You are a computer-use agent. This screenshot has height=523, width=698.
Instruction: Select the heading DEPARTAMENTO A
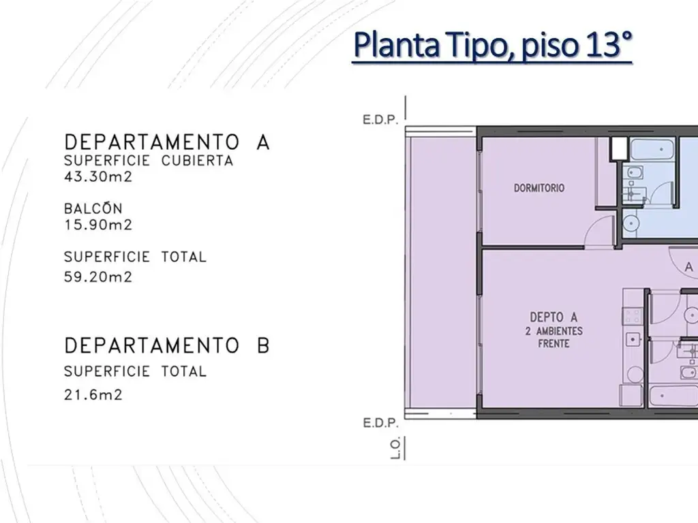coord(167,142)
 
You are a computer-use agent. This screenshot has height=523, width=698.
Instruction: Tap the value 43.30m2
coord(98,177)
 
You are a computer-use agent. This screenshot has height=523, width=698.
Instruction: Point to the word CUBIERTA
coord(197,161)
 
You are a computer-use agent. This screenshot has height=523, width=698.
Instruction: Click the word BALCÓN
coord(93,208)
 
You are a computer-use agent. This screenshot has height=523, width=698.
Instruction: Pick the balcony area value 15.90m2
coord(98,225)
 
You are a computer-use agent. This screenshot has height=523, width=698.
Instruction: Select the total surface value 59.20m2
coord(98,277)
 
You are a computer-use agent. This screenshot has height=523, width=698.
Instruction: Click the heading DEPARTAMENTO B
coord(167,345)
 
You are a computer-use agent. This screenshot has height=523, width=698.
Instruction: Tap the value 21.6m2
coord(93,395)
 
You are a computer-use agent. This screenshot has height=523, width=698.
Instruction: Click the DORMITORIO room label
coord(539,188)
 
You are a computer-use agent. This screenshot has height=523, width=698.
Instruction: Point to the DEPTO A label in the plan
coord(553,317)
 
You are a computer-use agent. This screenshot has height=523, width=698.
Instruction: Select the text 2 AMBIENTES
coord(553,331)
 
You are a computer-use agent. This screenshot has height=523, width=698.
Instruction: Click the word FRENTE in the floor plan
coord(553,343)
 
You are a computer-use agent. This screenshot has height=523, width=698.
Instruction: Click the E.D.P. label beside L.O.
coord(380,423)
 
